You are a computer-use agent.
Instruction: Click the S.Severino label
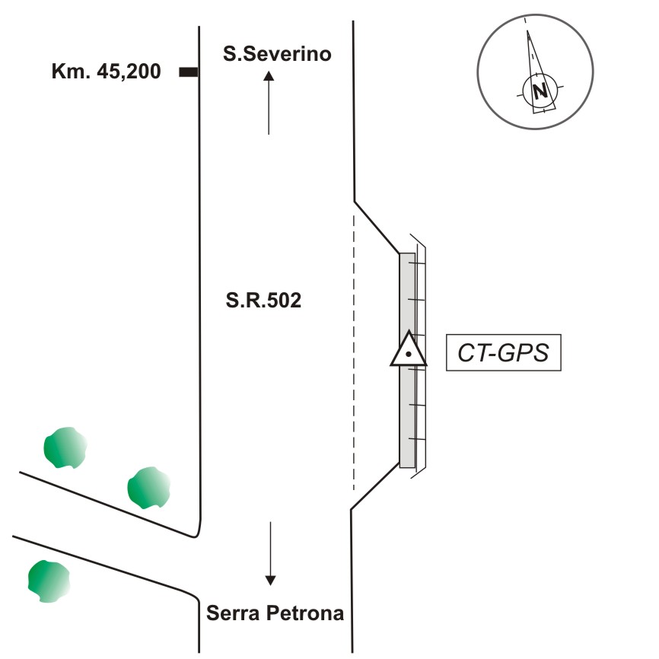[x=277, y=54]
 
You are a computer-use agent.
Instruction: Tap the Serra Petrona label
[x=275, y=613]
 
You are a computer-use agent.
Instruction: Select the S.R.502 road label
[x=263, y=301]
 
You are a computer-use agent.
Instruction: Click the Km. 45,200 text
[x=106, y=72]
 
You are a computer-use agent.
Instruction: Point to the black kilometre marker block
[x=188, y=72]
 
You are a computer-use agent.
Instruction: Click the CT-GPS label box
[x=503, y=352]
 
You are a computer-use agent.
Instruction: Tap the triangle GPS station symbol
[x=409, y=351]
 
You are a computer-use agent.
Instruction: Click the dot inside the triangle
[x=409, y=355]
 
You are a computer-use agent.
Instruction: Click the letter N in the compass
[x=540, y=92]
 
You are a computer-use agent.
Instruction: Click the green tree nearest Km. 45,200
[x=65, y=447]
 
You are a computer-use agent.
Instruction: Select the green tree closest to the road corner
[x=148, y=488]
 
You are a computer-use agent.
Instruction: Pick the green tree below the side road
[x=49, y=581]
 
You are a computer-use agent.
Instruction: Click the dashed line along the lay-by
[x=354, y=350]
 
